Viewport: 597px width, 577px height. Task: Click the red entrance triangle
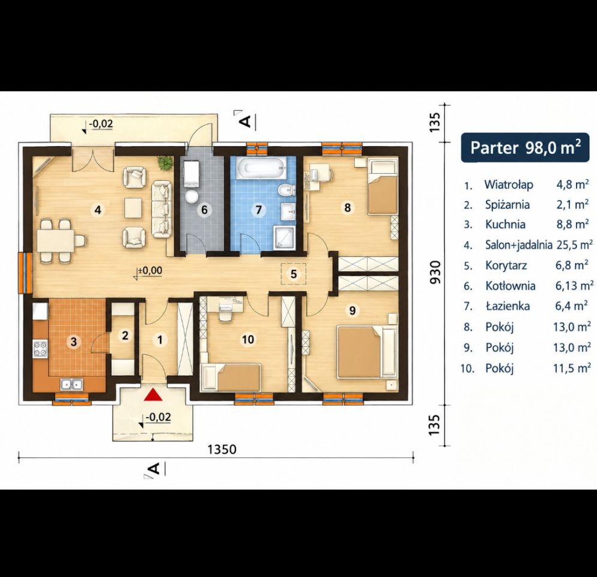[x=153, y=395]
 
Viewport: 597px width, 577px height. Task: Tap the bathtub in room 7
[x=261, y=168]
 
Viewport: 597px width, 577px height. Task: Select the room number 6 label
[x=204, y=210]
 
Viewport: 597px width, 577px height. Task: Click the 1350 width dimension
[x=222, y=450]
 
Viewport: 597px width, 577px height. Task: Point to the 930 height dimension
[x=435, y=272]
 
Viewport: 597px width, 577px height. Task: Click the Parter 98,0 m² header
[x=526, y=147]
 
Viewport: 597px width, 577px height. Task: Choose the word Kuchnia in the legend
[x=505, y=224]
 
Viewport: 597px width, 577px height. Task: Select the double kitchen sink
[x=71, y=384]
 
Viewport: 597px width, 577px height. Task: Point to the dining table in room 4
[x=56, y=241]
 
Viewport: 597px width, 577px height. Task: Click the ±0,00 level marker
[x=149, y=271]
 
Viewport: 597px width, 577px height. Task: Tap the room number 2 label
[x=125, y=336]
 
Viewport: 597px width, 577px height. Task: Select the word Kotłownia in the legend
[x=510, y=286]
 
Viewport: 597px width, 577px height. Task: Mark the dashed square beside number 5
[x=294, y=273]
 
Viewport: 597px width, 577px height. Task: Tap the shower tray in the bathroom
[x=283, y=238]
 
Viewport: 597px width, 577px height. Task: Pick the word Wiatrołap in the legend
[x=509, y=185]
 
